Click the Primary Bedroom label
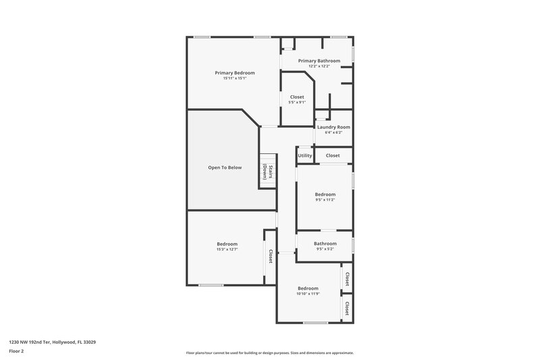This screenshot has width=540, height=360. click(234, 72)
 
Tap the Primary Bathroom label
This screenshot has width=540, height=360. click(319, 61)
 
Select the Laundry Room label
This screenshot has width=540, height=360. click(333, 127)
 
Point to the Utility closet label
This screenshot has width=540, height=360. click(304, 155)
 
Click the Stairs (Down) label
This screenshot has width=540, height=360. click(268, 172)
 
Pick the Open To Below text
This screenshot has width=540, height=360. click(224, 168)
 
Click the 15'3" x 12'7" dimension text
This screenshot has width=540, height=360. click(227, 249)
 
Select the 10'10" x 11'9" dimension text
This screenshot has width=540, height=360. click(307, 294)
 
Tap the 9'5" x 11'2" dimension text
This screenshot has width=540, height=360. click(325, 200)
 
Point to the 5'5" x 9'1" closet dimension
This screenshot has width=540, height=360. click(297, 103)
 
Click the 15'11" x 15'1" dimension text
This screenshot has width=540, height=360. click(234, 78)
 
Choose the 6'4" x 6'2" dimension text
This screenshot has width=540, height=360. click(333, 132)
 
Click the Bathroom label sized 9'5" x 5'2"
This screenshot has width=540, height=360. click(325, 243)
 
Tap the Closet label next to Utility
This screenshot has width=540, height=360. click(333, 155)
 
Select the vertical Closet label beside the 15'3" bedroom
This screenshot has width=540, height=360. click(271, 256)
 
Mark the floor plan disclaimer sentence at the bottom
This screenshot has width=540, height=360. click(269, 353)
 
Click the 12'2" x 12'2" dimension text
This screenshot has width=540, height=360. click(319, 66)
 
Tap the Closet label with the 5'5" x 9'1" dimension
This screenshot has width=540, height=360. click(297, 97)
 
